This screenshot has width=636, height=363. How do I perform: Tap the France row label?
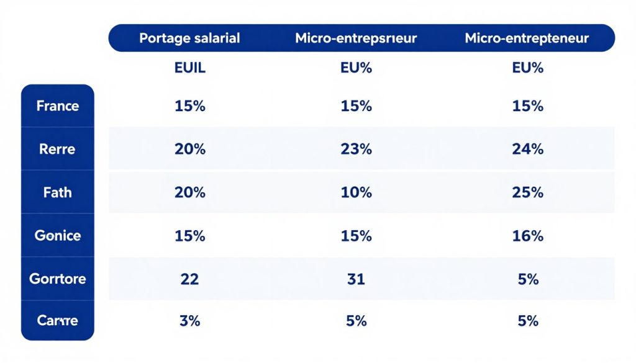58,105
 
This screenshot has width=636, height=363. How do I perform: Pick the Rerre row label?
58,149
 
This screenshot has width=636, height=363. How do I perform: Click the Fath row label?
58,192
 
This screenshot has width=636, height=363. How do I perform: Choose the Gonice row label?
58,236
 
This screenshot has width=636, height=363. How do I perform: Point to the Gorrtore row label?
58,279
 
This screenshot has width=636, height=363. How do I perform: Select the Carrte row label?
58,321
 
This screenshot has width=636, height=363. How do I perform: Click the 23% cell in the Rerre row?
357,149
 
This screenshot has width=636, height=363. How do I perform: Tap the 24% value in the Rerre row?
528,149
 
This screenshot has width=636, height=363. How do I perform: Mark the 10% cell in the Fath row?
357,192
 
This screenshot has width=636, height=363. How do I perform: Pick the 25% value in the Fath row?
528,192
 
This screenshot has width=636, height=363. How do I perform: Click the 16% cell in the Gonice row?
528,236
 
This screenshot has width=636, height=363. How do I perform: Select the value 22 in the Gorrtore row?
189,279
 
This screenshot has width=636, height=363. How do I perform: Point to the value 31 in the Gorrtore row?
357,279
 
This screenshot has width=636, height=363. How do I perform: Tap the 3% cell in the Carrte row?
190,321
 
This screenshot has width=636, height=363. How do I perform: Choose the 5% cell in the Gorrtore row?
528,279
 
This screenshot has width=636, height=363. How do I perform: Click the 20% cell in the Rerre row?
190,149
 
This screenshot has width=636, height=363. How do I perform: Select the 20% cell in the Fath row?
190,192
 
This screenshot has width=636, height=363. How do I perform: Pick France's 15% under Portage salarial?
190,106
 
